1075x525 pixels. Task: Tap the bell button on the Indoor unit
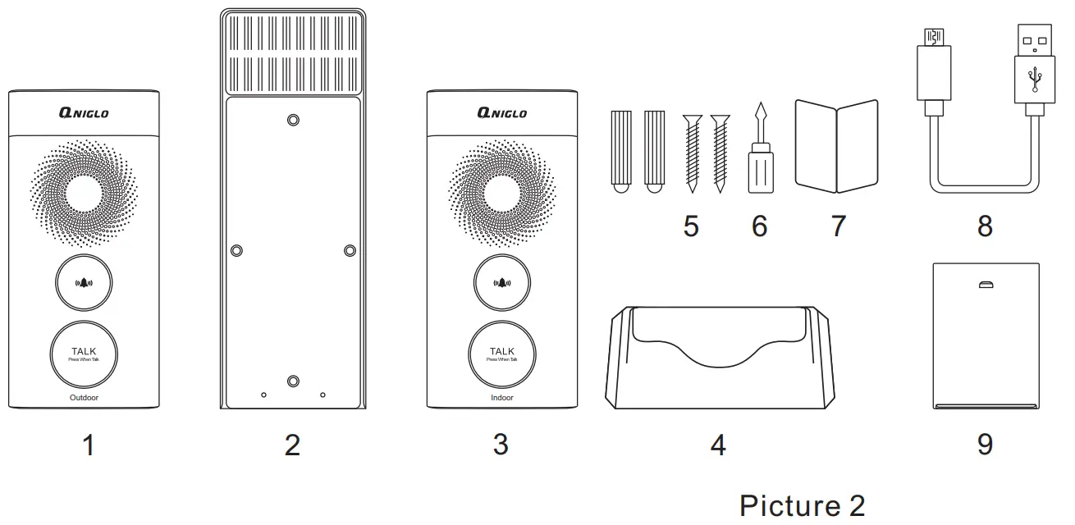point(501,283)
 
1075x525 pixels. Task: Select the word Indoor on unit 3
point(501,398)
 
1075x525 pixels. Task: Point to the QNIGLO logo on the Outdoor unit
point(84,113)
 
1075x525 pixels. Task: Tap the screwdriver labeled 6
point(761,152)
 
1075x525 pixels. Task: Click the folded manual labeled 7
point(837,146)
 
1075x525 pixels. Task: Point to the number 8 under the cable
point(985,226)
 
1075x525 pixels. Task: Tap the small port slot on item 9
point(986,285)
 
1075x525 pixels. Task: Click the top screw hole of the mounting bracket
point(293,121)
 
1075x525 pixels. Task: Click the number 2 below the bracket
point(293,445)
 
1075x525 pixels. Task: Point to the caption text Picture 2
point(802,505)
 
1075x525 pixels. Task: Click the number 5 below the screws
point(691,226)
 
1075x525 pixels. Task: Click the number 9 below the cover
point(985,444)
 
